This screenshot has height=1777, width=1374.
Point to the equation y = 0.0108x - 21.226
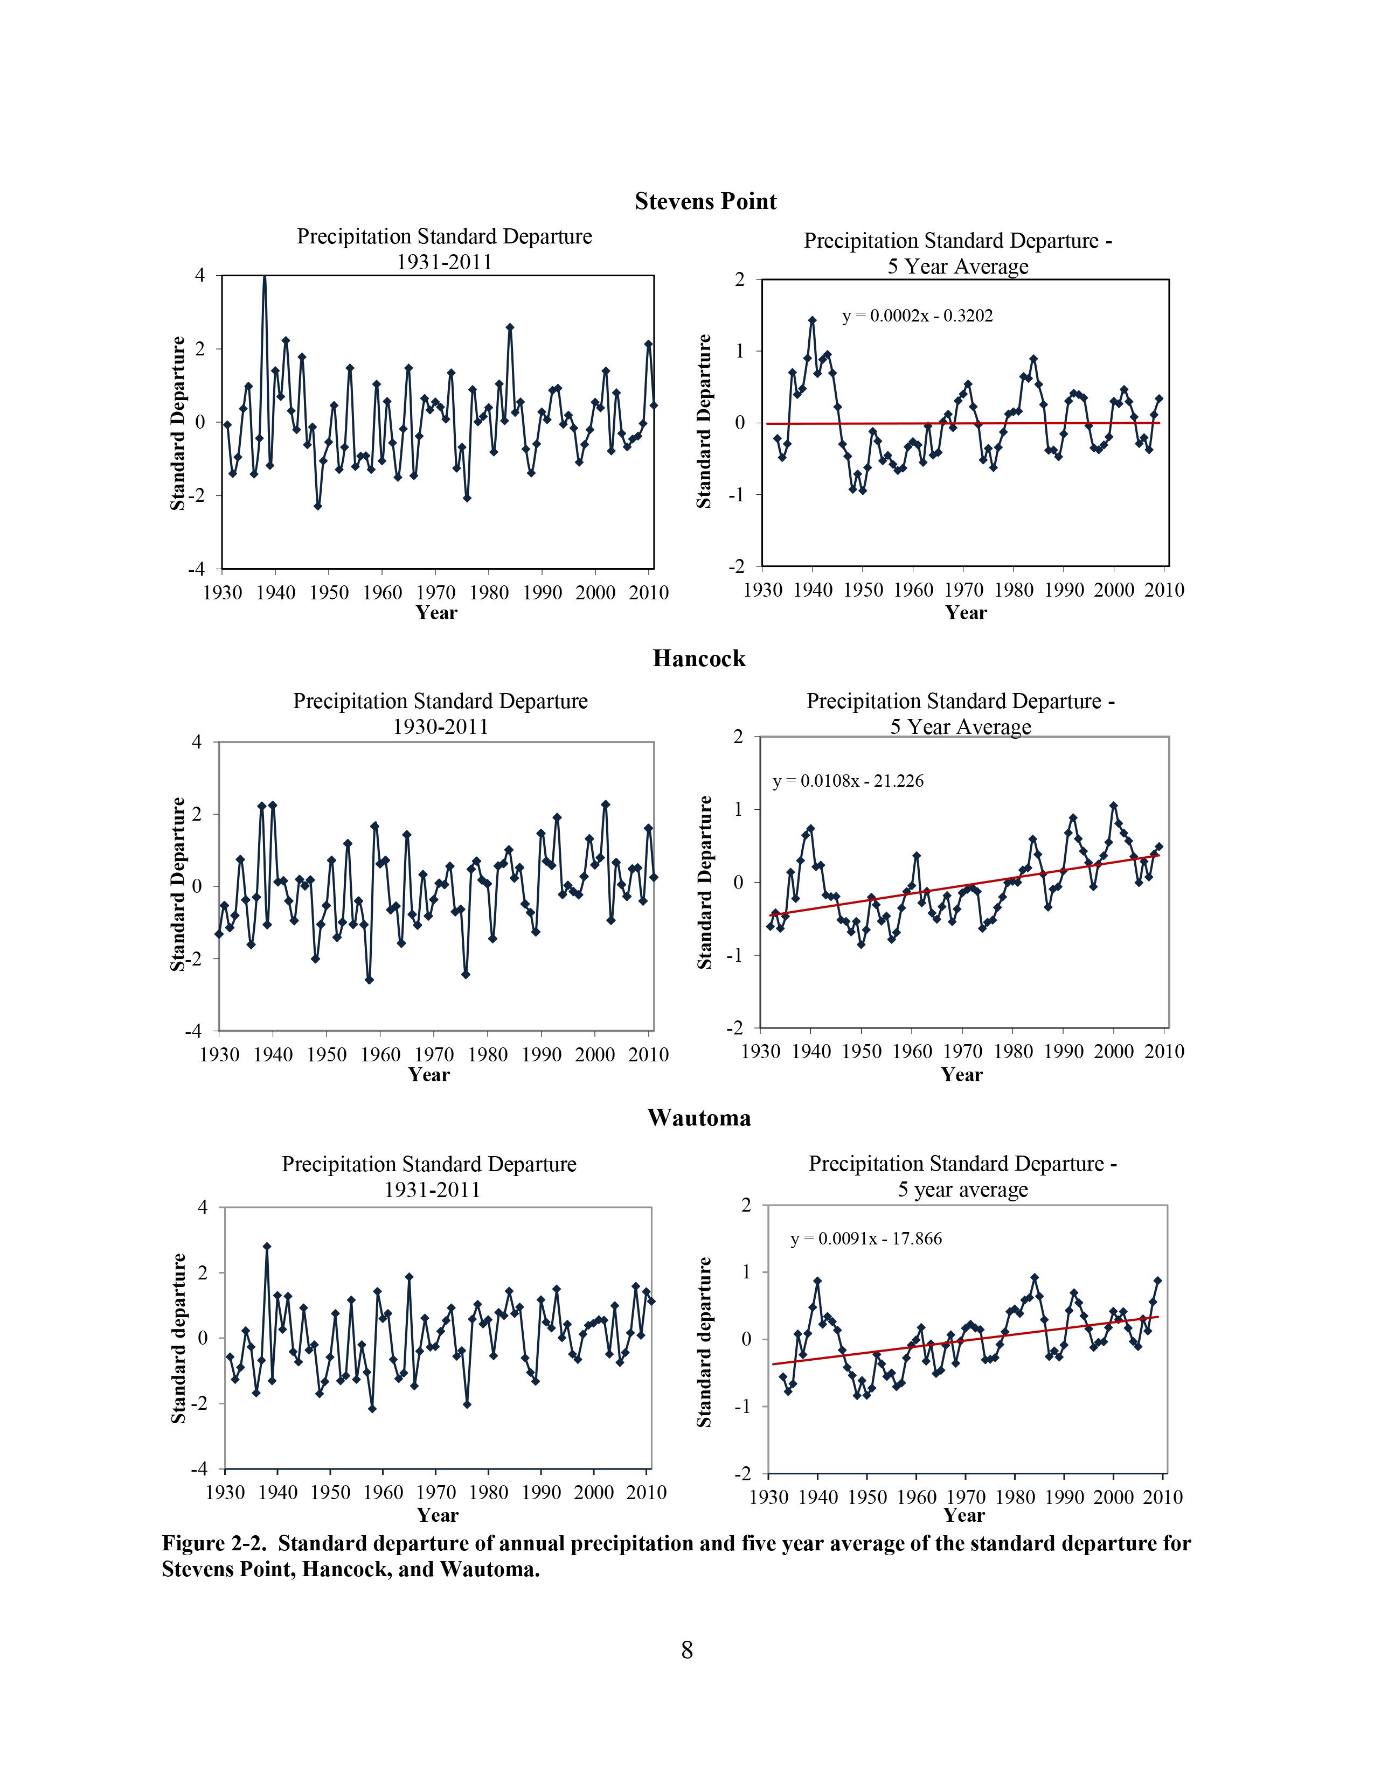pyautogui.click(x=848, y=781)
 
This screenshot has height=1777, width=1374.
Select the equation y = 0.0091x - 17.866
pyautogui.click(x=865, y=1239)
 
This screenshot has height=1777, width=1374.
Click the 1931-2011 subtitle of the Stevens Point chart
pyautogui.click(x=443, y=262)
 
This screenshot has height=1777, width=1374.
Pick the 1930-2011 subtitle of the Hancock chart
pyautogui.click(x=440, y=726)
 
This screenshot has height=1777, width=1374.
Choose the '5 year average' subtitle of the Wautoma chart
pyautogui.click(x=962, y=1190)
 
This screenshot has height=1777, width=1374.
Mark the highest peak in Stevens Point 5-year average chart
pyautogui.click(x=811, y=320)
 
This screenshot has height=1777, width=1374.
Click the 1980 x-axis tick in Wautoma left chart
pyautogui.click(x=488, y=1492)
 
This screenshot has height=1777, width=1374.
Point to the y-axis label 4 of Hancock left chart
pyautogui.click(x=196, y=742)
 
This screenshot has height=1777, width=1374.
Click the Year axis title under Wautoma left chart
pyautogui.click(x=437, y=1514)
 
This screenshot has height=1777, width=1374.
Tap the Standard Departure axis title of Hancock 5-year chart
pyautogui.click(x=704, y=882)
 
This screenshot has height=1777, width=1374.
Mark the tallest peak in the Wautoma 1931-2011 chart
pyautogui.click(x=267, y=1246)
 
